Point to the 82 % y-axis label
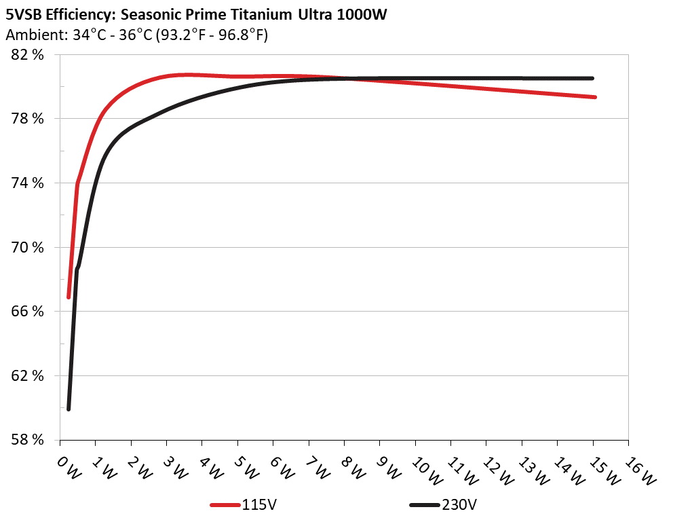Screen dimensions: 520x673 27,55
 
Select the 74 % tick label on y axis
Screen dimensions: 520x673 27,183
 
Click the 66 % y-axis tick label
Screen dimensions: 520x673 27,312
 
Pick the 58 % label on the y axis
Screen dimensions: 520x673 27,440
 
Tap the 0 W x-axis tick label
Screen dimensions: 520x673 69,467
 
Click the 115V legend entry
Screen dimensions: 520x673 257,505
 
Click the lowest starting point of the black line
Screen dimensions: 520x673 69,409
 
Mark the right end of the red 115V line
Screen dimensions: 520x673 594,97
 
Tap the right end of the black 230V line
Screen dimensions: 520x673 592,78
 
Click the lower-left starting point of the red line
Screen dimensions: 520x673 69,297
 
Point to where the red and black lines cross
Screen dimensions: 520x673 346,79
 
